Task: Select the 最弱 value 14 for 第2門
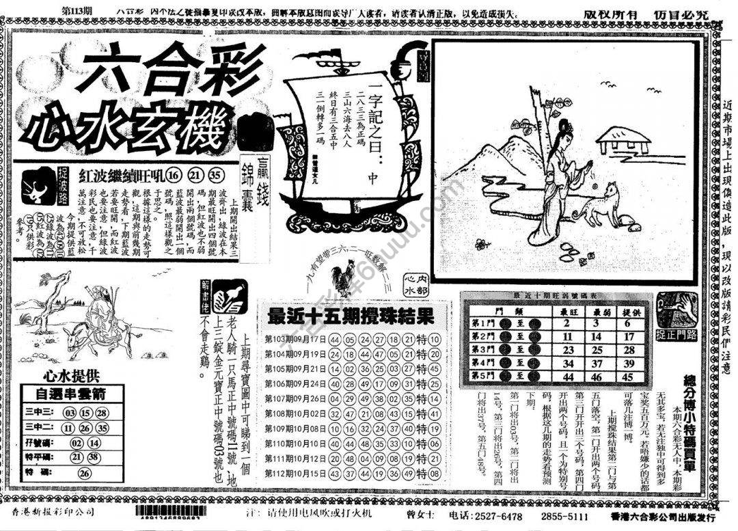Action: tap(596, 336)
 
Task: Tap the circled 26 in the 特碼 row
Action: tap(85, 472)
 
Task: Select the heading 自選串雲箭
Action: tap(70, 394)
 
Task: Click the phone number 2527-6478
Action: tap(497, 515)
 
